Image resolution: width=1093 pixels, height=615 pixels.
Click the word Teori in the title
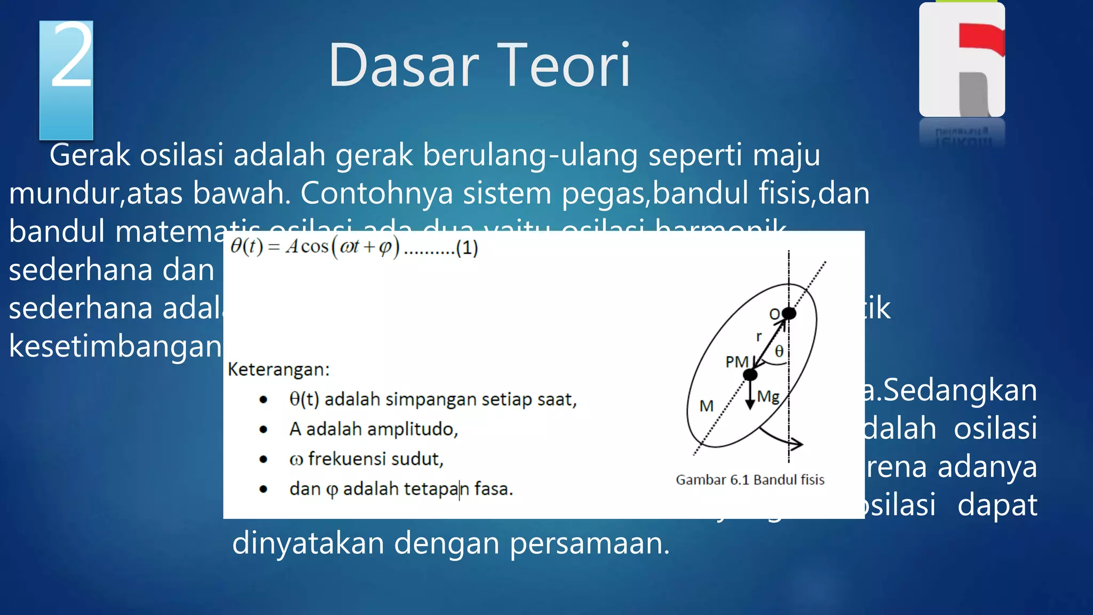pyautogui.click(x=565, y=66)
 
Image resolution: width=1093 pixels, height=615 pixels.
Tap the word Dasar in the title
pyautogui.click(x=403, y=66)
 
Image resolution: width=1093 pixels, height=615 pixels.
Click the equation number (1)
pyautogui.click(x=466, y=248)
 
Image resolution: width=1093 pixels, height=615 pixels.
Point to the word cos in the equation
pyautogui.click(x=314, y=247)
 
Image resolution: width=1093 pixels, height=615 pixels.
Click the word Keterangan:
pyautogui.click(x=279, y=369)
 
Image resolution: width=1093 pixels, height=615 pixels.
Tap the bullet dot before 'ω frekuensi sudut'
pyautogui.click(x=263, y=459)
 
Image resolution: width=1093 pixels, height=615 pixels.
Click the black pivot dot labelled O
pyautogui.click(x=789, y=313)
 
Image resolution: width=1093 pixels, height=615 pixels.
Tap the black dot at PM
pyautogui.click(x=750, y=375)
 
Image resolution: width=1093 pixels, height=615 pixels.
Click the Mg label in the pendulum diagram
pyautogui.click(x=769, y=397)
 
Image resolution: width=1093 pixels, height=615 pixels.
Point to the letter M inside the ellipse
pyautogui.click(x=706, y=406)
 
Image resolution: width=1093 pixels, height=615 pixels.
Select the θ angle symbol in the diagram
pyautogui.click(x=779, y=351)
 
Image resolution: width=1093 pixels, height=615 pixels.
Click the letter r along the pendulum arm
pyautogui.click(x=758, y=336)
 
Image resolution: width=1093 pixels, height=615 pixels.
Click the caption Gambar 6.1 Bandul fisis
pyautogui.click(x=750, y=480)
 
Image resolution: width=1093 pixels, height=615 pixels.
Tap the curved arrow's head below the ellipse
pyautogui.click(x=797, y=444)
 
